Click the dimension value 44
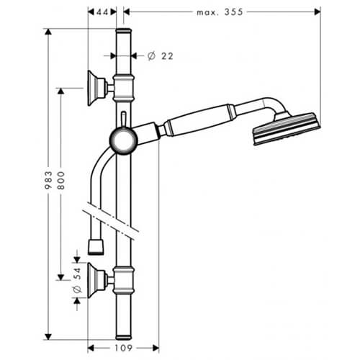pos(102,12)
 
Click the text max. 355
pos(220,12)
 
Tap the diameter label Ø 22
pos(160,56)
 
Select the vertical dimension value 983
pos(48,180)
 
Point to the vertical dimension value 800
pos(61,181)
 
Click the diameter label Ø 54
pos(77,280)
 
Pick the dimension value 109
pos(123,348)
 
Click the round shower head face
pos(287,129)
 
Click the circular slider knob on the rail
pos(124,141)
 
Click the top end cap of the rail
pos(124,31)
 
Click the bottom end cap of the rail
pos(124,337)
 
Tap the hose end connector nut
pos(96,246)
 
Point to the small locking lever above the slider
pos(123,120)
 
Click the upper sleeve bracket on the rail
pos(123,88)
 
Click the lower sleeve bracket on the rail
pos(123,280)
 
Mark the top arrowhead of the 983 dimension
pos(48,32)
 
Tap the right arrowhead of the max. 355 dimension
pos(318,12)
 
